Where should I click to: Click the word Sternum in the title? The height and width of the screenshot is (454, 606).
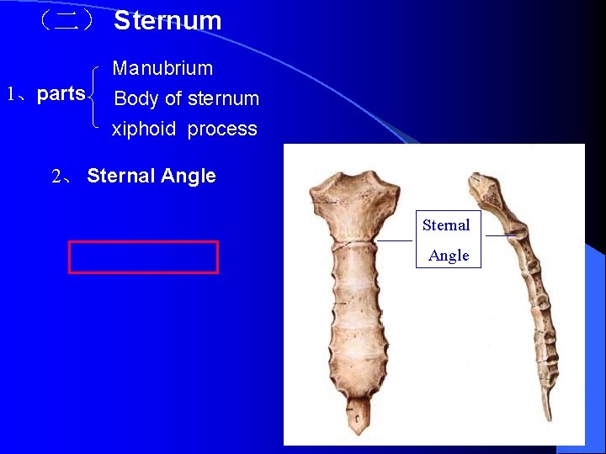click(167, 20)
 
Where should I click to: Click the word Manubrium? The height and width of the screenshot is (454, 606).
click(162, 68)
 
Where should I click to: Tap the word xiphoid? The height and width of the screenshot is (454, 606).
click(144, 129)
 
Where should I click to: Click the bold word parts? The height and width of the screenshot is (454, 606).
click(61, 93)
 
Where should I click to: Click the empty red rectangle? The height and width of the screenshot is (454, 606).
click(143, 257)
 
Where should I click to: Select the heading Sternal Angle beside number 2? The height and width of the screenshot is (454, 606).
click(151, 176)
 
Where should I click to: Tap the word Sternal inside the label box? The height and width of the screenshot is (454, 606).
click(446, 224)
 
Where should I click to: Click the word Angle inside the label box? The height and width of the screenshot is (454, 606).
click(449, 255)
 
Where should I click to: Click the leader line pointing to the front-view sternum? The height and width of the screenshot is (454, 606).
click(394, 240)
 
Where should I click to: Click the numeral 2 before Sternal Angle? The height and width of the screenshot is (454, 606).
click(56, 177)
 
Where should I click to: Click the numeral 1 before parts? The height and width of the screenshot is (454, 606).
click(11, 94)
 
